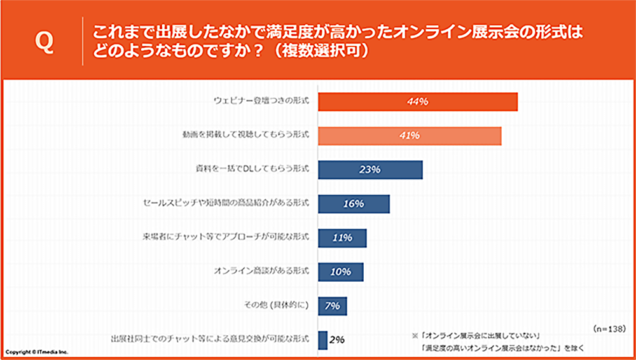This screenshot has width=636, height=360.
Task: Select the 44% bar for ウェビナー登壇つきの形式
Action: tap(417, 102)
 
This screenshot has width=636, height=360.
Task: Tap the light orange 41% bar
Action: tap(410, 135)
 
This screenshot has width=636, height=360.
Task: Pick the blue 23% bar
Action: tap(370, 170)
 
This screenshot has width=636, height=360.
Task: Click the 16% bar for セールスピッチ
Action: tap(354, 204)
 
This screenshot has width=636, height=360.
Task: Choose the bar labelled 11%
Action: tap(342, 238)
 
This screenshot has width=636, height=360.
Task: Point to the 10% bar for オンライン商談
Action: tap(340, 272)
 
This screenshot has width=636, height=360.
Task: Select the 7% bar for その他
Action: tap(332, 306)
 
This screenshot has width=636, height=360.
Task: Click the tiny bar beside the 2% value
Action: tap(322, 340)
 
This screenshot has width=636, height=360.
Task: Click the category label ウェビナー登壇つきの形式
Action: tap(261, 102)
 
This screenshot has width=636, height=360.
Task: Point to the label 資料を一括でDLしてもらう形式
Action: tap(252, 170)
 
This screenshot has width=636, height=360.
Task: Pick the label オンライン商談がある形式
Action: tap(262, 272)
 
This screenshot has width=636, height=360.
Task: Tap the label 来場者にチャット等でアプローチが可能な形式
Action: tap(226, 238)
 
